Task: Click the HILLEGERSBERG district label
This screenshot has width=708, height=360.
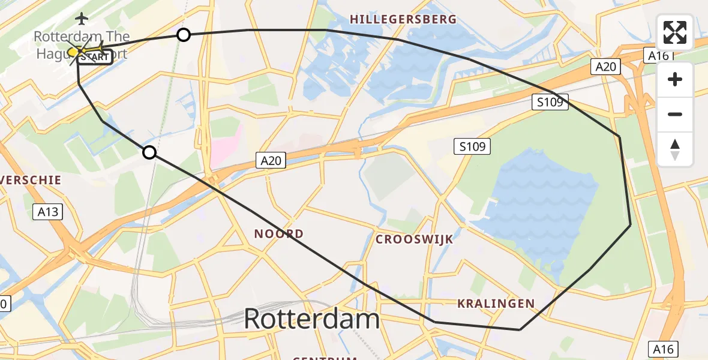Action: coord(403,19)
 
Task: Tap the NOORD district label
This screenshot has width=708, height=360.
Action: coord(278,233)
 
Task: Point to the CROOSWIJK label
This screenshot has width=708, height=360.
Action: coord(414,239)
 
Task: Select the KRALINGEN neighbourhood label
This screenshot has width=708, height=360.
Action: coord(496,304)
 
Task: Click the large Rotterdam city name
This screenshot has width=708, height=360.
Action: coord(311,319)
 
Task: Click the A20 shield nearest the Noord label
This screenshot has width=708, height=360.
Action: coord(271,160)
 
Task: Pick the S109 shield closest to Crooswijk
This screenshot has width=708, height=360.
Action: coord(473,145)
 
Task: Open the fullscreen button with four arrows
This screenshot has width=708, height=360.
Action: coord(675,32)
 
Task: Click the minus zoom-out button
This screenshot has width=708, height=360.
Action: coord(675,114)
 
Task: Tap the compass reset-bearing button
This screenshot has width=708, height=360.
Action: coord(675,149)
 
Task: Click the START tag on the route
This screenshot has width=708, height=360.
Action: coord(95,58)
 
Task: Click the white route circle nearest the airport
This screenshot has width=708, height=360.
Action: coord(184,35)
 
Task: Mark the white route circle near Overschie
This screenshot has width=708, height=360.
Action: coord(149,152)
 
